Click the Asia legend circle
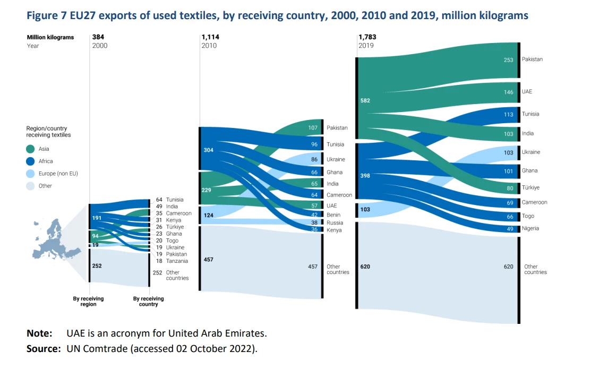point(31,149)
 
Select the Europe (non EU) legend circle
point(31,174)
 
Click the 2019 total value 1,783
point(367,37)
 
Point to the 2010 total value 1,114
point(210,37)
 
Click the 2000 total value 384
point(99,37)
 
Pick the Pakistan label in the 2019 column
point(532,59)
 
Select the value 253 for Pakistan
point(508,60)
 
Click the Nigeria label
point(530,228)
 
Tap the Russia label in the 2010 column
point(335,223)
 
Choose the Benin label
point(333,215)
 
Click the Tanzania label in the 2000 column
point(177,261)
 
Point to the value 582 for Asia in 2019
point(365,100)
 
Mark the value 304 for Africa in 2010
point(209,150)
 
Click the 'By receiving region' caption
point(88,302)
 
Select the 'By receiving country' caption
point(148,302)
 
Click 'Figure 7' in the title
point(45,15)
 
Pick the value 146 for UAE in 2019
point(508,92)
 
